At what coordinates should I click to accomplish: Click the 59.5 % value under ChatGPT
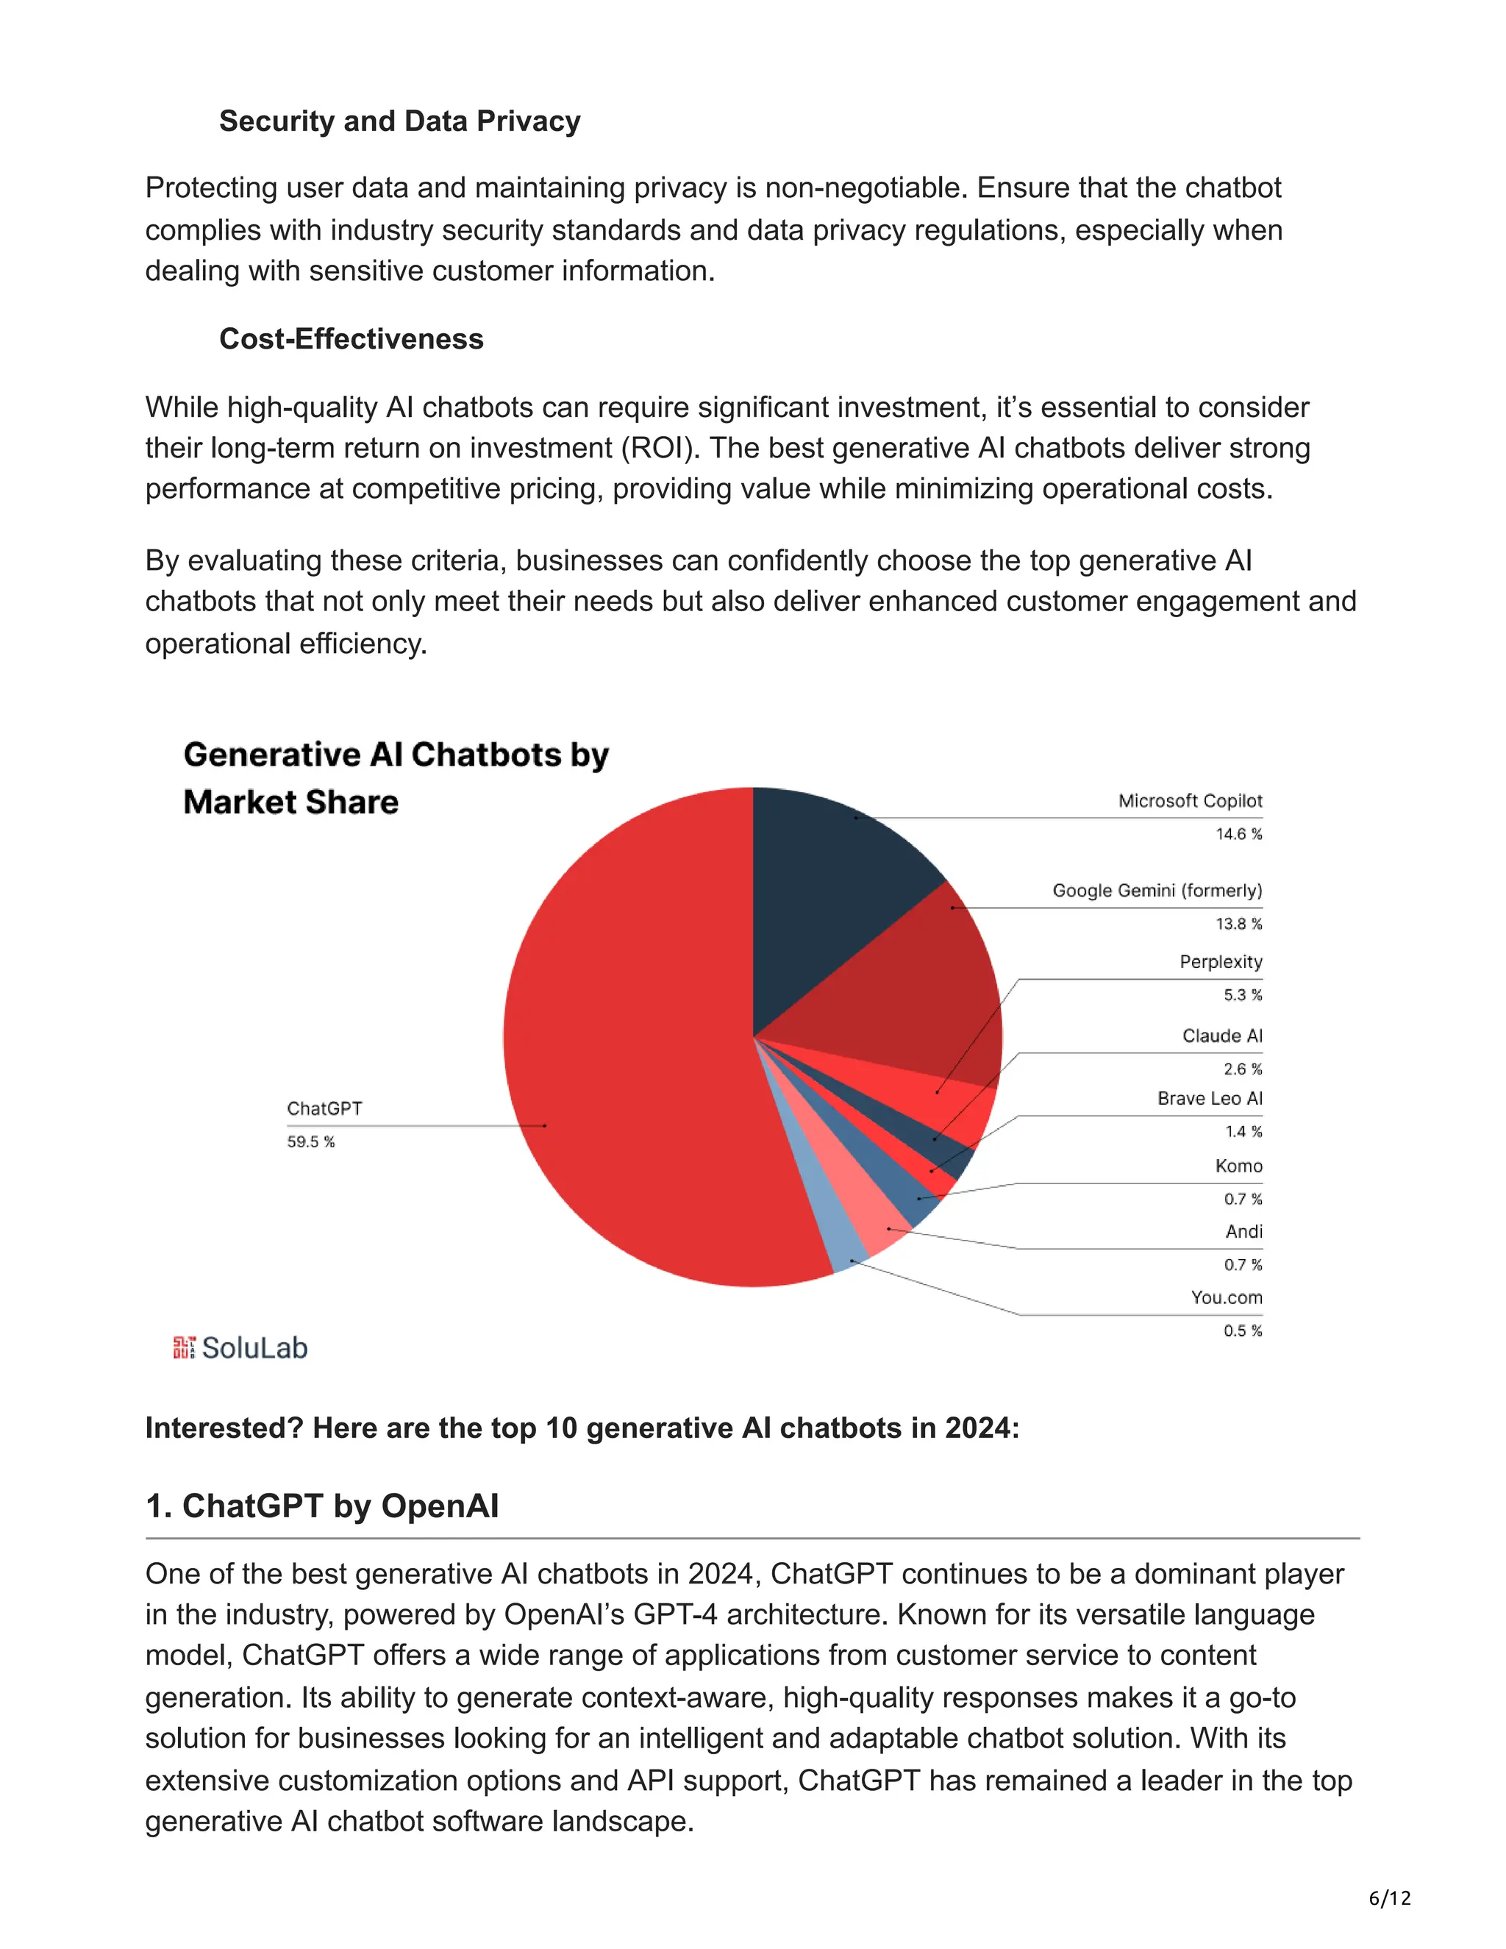pos(310,1142)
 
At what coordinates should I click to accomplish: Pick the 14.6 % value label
pos(1238,835)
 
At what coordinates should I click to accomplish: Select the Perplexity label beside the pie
pos(1221,962)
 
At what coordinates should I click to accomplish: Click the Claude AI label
pos(1222,1036)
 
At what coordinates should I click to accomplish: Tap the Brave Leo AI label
pos(1210,1099)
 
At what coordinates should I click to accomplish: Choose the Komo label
pos(1238,1166)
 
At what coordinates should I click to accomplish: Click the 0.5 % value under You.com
pos(1243,1330)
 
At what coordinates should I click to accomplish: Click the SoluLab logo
pos(241,1347)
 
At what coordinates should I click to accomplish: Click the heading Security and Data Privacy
pos(400,121)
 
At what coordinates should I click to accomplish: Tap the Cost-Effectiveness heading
pos(351,339)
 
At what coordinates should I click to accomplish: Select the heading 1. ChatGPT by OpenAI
pos(322,1506)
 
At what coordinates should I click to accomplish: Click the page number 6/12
pos(1389,1898)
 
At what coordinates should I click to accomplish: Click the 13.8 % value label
pos(1238,924)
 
